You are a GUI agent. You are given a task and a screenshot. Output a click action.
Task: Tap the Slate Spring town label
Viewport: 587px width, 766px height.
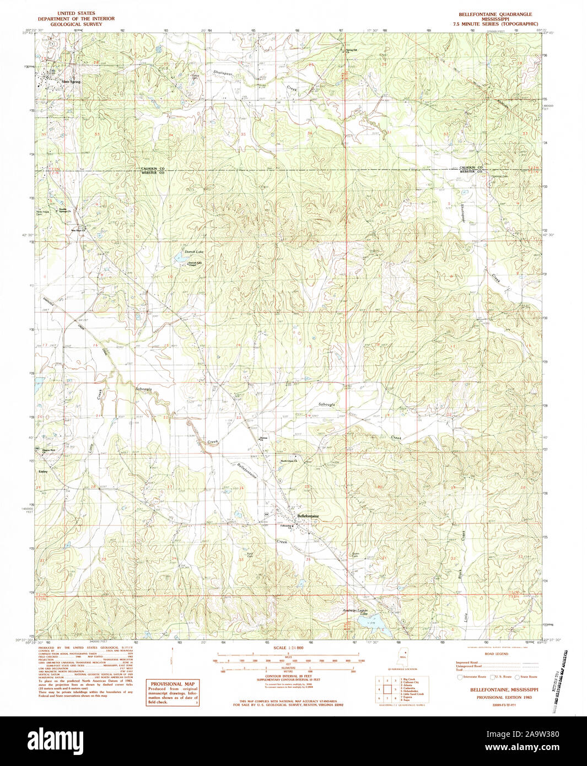coord(71,82)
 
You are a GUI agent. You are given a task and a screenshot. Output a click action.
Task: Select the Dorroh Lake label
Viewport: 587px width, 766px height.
coord(193,251)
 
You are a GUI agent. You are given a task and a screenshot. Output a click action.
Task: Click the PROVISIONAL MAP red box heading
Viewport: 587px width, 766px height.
coord(173,684)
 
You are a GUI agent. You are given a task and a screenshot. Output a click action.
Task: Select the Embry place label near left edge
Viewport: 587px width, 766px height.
coord(43,472)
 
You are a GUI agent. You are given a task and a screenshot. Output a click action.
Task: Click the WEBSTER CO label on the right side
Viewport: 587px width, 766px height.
coord(472,172)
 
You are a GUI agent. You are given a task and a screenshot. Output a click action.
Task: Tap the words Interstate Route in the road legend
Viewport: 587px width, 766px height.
coord(472,676)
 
